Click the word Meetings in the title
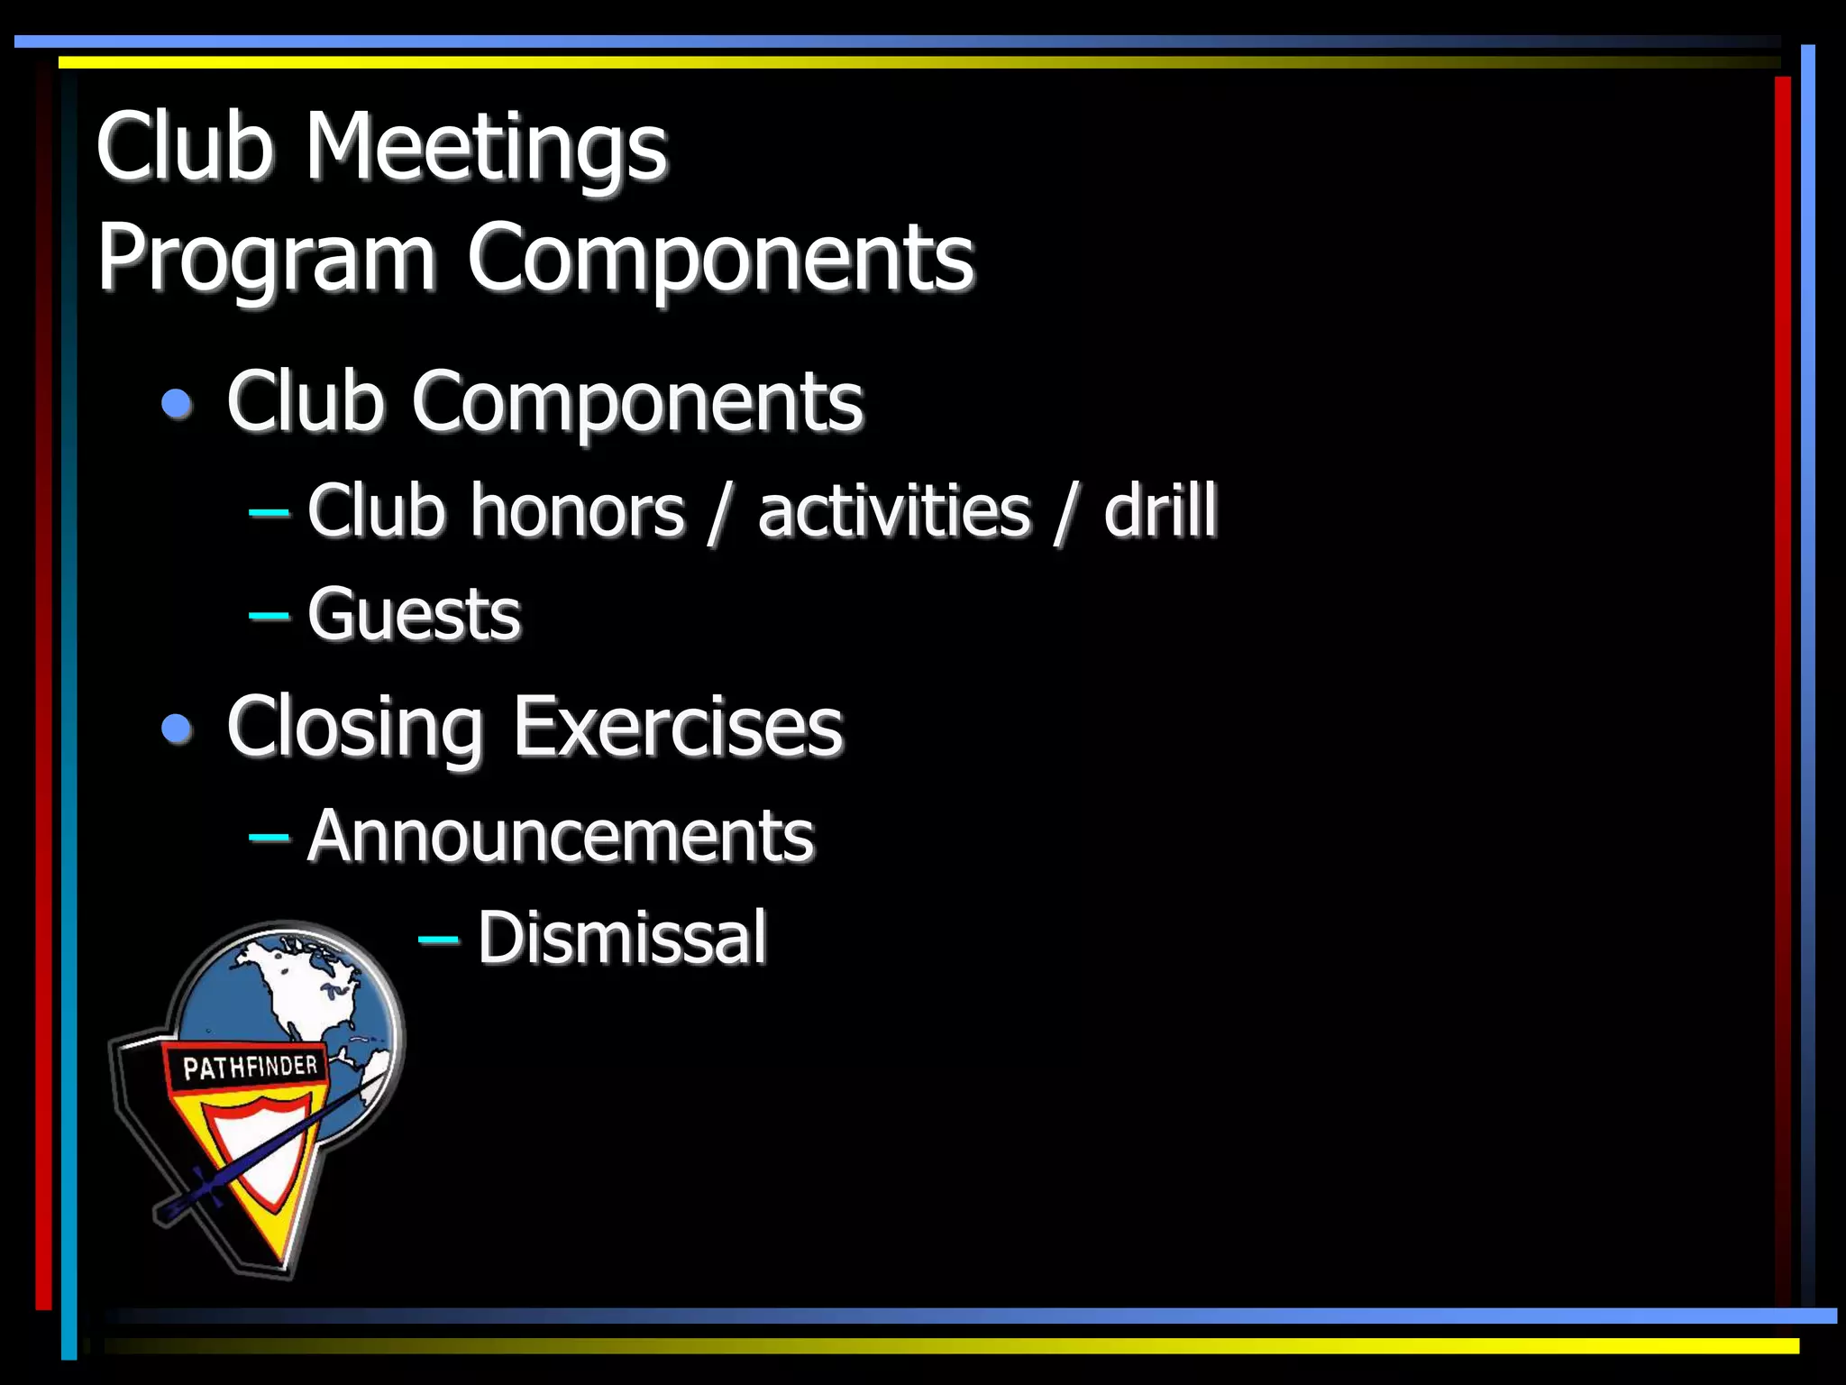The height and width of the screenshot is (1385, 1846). point(486,147)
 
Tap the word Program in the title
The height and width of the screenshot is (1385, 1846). point(267,259)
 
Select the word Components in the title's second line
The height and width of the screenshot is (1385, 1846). point(720,259)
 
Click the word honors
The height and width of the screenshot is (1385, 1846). point(577,511)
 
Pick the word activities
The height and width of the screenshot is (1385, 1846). point(893,511)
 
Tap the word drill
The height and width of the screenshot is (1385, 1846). point(1160,511)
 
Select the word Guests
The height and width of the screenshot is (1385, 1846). point(414,615)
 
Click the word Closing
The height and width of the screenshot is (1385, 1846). point(355,729)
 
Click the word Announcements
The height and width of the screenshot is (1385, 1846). point(561,836)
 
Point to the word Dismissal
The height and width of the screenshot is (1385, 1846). point(622,938)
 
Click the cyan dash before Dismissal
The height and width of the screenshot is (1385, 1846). point(439,940)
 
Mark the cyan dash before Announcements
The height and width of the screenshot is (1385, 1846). point(269,838)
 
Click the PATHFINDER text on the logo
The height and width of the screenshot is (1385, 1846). point(250,1068)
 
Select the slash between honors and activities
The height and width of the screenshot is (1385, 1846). point(719,513)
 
